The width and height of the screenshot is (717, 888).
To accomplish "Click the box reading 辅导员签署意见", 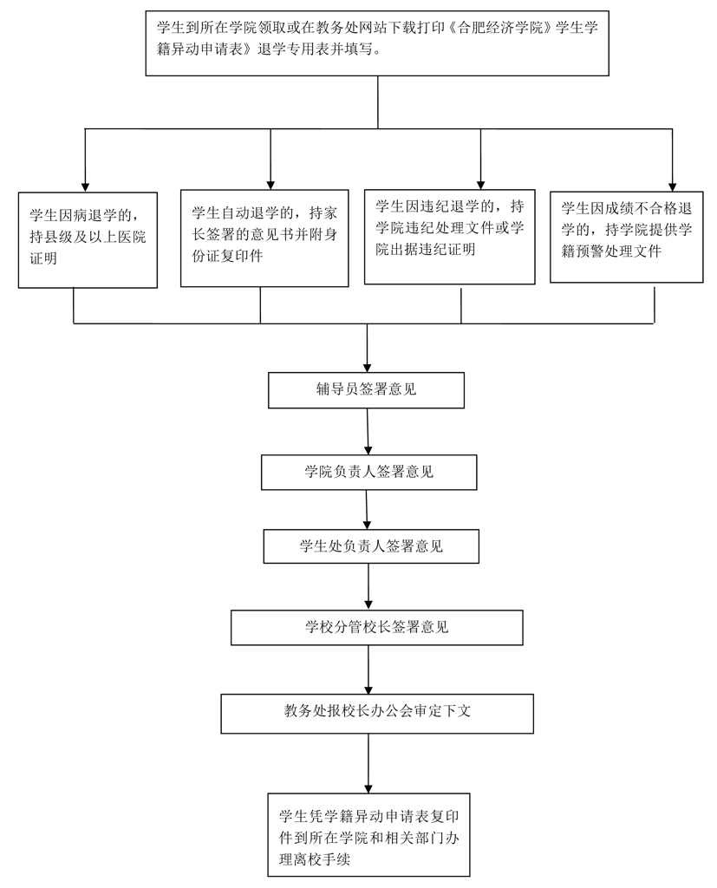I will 366,389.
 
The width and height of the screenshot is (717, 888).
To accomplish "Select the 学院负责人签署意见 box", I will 368,473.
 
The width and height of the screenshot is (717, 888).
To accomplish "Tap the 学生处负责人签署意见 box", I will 371,546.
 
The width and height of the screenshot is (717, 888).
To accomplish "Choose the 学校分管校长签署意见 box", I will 376,627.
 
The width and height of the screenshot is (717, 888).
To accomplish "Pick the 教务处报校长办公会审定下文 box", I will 376,712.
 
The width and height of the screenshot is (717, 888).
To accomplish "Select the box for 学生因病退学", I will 88,239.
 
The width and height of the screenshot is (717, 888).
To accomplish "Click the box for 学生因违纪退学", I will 449,235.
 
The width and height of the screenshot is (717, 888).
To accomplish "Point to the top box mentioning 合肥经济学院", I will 378,42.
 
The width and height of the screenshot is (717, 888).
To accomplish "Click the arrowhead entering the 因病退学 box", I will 85,186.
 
